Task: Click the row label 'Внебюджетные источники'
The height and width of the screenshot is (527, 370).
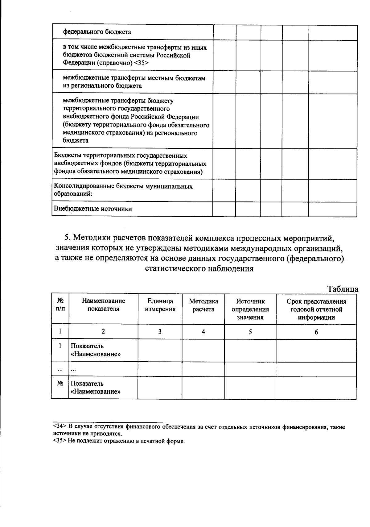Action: (x=93, y=209)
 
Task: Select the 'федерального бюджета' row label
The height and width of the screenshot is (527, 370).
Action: (x=97, y=32)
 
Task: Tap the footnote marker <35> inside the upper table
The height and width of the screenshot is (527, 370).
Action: (x=142, y=63)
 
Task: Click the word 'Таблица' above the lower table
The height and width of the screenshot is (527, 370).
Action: (x=342, y=289)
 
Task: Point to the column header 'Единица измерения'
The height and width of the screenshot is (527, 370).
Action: (x=160, y=305)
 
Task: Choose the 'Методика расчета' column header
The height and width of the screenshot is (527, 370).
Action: (x=203, y=305)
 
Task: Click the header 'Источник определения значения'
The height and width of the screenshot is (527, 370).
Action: (x=250, y=309)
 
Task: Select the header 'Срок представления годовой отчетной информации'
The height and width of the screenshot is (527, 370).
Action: (x=316, y=309)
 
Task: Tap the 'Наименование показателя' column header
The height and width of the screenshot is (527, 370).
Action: (x=103, y=305)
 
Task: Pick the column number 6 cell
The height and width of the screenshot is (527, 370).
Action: (x=316, y=332)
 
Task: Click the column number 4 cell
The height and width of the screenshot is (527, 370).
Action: (x=203, y=332)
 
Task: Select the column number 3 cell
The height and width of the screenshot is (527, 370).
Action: (x=160, y=332)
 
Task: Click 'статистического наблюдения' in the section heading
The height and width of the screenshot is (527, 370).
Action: (x=199, y=268)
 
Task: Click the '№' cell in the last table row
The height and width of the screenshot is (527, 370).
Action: (x=60, y=384)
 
